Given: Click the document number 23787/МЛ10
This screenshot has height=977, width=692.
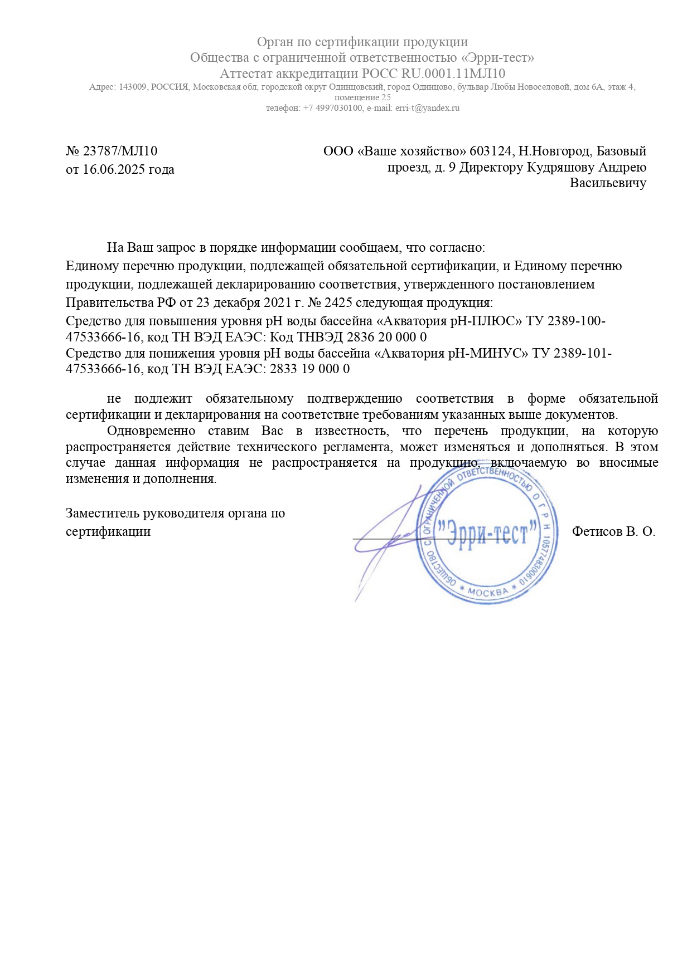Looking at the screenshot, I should [120, 151].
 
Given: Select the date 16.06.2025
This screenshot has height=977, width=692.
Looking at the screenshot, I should [114, 169].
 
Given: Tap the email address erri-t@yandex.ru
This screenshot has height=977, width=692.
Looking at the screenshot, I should [428, 108].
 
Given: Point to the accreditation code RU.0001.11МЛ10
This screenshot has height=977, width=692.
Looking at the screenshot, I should [453, 74].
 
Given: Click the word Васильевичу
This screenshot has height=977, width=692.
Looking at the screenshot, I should [608, 183].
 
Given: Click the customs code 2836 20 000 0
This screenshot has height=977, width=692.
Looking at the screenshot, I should [386, 337].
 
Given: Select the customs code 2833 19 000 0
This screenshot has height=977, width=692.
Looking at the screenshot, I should [309, 369].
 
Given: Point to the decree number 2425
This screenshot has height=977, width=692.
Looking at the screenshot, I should [337, 302].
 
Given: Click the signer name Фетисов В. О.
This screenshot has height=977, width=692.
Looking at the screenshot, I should [613, 531].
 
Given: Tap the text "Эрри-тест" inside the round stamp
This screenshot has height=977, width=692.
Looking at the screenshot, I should [487, 533].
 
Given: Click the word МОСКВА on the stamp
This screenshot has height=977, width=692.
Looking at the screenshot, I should [488, 592].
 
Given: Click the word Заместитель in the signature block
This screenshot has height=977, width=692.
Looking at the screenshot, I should [103, 513].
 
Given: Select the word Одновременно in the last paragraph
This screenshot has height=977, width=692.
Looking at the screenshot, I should [151, 431].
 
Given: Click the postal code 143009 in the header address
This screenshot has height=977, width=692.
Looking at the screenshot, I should [132, 87].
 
